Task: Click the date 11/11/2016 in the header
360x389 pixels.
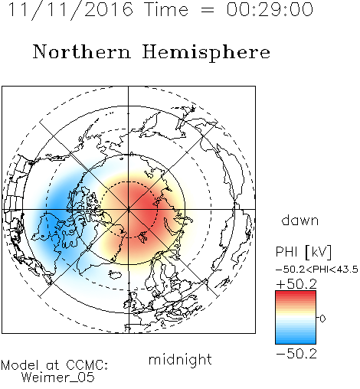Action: pos(70,10)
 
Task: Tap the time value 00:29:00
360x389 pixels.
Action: pos(270,9)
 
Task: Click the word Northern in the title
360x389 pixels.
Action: pos(82,52)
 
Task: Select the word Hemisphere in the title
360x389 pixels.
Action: pos(206,53)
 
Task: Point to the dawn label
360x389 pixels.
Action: pos(300,220)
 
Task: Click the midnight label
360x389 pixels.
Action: pos(180,360)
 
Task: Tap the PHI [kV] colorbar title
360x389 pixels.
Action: pos(303,252)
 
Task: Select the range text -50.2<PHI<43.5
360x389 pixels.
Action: pos(317,270)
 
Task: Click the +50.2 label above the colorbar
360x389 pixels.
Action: pos(296,284)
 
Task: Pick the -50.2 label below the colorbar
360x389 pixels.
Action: pos(296,354)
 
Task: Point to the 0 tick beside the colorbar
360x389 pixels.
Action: pos(322,319)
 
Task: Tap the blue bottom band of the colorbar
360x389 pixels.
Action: pos(296,341)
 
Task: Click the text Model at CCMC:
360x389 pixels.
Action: pos(54,365)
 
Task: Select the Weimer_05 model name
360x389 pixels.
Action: pos(58,378)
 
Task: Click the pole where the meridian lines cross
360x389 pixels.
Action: pos(129,209)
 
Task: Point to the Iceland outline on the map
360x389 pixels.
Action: pos(115,275)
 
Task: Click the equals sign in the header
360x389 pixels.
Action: pos(208,11)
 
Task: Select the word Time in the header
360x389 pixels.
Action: pos(166,9)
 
